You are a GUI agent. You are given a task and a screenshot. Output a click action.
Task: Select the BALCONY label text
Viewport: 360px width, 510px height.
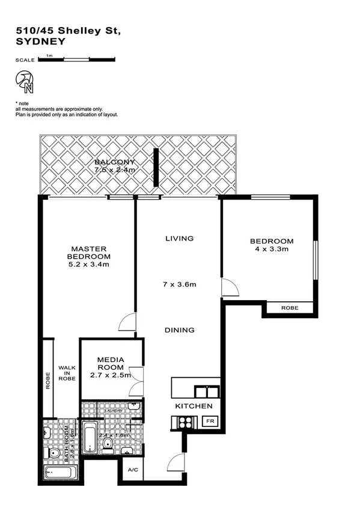(x=114, y=163)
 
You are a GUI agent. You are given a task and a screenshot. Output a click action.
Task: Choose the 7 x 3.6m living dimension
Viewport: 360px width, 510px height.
(x=180, y=284)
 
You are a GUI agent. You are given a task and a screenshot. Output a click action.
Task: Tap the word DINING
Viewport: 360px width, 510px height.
(x=180, y=330)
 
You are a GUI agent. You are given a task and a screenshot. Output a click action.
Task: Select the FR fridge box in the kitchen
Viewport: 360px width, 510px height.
(x=210, y=421)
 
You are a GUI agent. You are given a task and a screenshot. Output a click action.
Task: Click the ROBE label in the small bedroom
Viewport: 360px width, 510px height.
(x=289, y=309)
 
